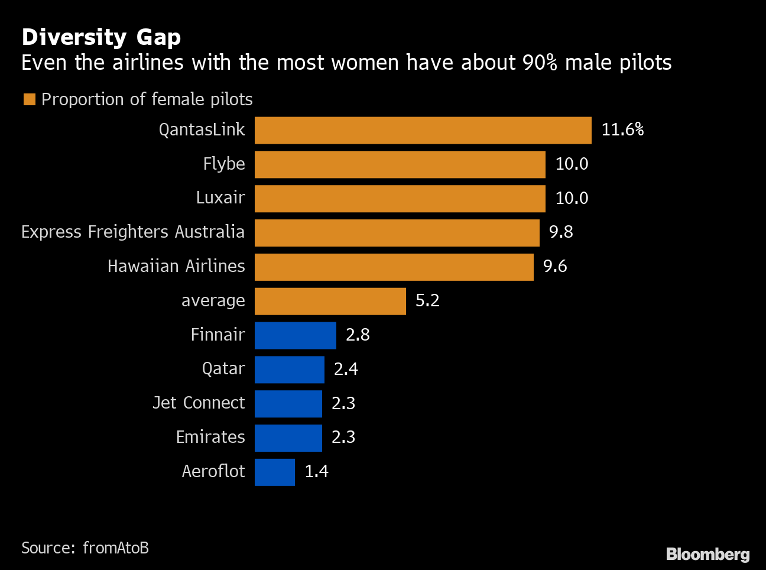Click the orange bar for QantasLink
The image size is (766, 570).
pyautogui.click(x=423, y=130)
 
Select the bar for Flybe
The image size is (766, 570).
pyautogui.click(x=400, y=164)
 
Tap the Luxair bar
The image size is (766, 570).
pyautogui.click(x=400, y=199)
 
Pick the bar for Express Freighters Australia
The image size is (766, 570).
pyautogui.click(x=397, y=233)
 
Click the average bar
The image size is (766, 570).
pyautogui.click(x=330, y=302)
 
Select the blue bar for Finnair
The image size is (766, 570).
pyautogui.click(x=295, y=335)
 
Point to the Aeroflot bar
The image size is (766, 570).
pyautogui.click(x=274, y=472)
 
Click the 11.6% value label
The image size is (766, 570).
pyautogui.click(x=622, y=130)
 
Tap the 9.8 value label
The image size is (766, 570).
pyautogui.click(x=561, y=232)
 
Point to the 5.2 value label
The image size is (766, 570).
pyautogui.click(x=427, y=300)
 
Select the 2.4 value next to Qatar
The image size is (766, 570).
pyautogui.click(x=346, y=369)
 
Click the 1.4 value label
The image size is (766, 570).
pyautogui.click(x=316, y=471)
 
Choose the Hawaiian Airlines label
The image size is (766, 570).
pyautogui.click(x=176, y=266)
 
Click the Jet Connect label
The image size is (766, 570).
pyautogui.click(x=199, y=403)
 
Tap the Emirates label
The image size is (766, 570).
pyautogui.click(x=210, y=437)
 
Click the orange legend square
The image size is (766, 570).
pyautogui.click(x=29, y=99)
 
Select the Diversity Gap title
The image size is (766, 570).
pyautogui.click(x=101, y=37)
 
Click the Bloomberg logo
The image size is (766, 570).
pyautogui.click(x=707, y=554)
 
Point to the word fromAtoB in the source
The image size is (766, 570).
pyautogui.click(x=116, y=548)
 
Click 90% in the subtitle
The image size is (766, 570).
pyautogui.click(x=540, y=63)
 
